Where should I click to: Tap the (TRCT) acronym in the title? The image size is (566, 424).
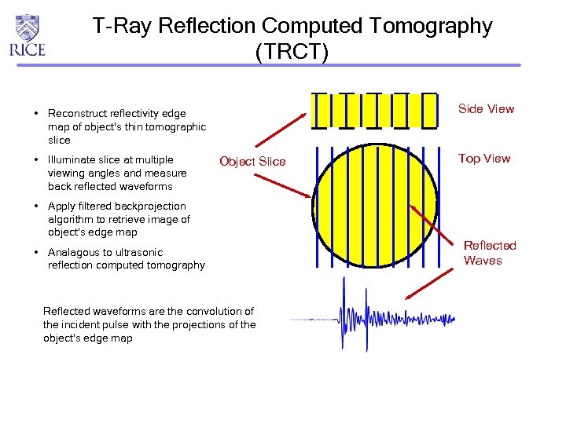(292, 52)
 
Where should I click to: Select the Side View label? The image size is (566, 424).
(486, 109)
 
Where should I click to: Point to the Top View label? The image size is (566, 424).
(484, 159)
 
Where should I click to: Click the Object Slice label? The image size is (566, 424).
(252, 162)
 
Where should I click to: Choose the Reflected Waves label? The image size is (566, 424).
(489, 253)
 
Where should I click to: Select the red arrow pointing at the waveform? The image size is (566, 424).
(430, 284)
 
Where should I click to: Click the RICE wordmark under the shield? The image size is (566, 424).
(28, 49)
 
